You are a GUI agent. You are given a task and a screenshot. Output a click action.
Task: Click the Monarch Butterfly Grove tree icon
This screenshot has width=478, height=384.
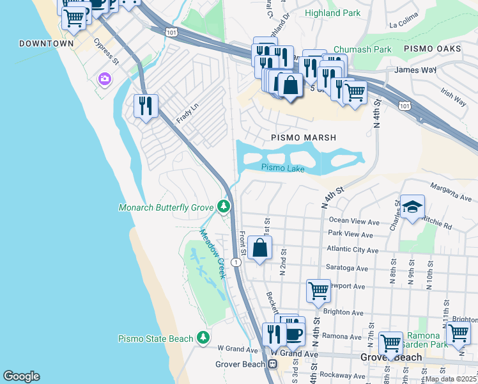[223, 206]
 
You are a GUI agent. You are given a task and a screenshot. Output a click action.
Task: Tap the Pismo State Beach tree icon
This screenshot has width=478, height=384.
[203, 337]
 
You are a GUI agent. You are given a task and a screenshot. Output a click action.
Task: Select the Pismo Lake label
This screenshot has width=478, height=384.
[282, 168]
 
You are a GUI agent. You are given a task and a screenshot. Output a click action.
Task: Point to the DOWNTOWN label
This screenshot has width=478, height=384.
[47, 44]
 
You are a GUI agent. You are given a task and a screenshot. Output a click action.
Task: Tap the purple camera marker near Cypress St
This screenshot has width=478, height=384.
[104, 79]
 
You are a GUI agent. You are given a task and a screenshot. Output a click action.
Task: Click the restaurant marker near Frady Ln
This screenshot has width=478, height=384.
[146, 105]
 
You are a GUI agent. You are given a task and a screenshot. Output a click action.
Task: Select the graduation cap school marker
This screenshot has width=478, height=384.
[412, 207]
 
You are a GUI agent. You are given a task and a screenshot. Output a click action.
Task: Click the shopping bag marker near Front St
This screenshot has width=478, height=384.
[259, 248]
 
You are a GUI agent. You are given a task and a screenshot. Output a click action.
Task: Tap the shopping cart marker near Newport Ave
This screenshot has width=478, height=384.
[318, 291]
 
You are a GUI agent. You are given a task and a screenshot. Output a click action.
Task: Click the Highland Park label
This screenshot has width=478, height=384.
[332, 13]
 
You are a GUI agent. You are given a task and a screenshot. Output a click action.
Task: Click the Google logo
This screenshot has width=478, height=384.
[21, 376]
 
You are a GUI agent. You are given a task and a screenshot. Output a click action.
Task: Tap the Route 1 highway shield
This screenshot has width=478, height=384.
[236, 262]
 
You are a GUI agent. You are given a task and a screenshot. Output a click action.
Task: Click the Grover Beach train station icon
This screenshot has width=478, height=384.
[272, 364]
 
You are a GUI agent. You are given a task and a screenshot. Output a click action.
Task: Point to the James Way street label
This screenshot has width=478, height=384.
[415, 69]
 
